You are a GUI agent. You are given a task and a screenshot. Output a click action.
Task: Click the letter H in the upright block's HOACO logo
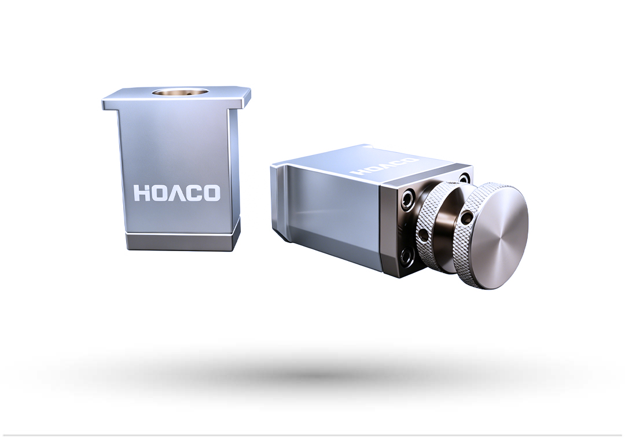click(142, 193)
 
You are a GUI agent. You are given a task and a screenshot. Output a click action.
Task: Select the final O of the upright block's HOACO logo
click(211, 193)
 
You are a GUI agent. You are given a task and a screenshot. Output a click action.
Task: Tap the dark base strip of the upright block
click(183, 241)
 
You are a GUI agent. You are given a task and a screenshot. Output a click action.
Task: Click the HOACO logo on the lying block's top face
click(385, 167)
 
